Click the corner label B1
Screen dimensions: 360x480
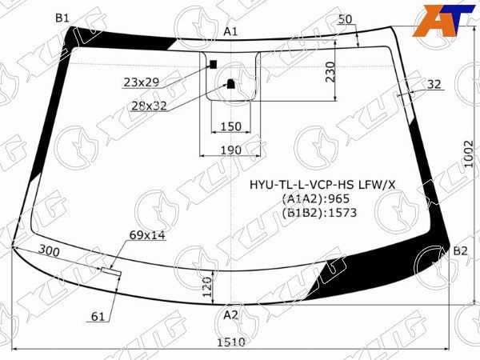click(62, 18)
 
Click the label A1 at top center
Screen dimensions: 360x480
click(231, 31)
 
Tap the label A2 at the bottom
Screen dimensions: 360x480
click(230, 315)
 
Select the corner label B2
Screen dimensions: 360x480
click(460, 251)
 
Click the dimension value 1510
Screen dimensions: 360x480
click(231, 342)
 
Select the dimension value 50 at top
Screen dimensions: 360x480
click(346, 18)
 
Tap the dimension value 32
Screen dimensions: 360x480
click(434, 84)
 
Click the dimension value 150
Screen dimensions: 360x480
click(230, 126)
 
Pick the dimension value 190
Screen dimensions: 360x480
click(230, 150)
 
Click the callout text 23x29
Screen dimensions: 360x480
click(142, 82)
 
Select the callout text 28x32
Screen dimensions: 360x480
click(149, 106)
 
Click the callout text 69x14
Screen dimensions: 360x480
click(146, 235)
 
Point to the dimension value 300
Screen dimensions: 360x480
click(50, 251)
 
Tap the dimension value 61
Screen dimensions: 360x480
click(98, 317)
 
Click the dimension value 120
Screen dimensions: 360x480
click(206, 285)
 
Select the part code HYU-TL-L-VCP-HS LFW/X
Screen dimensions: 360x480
click(322, 185)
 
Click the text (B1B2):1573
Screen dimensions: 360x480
click(318, 213)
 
